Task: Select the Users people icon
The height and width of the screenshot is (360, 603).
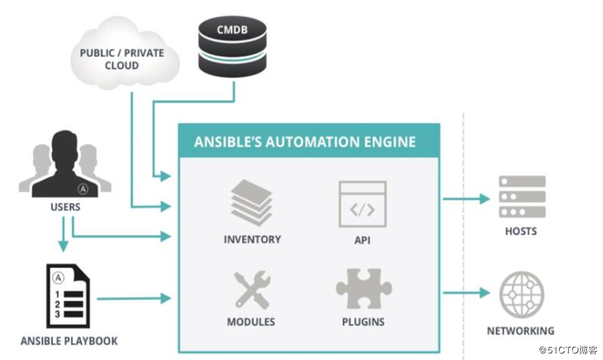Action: [64, 165]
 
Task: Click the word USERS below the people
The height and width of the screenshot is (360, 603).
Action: [64, 208]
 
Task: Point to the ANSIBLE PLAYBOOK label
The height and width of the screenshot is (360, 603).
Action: [69, 341]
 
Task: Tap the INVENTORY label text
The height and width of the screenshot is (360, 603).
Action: [252, 239]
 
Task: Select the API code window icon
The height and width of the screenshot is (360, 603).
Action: [362, 204]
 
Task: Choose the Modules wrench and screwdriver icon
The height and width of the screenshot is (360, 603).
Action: [251, 290]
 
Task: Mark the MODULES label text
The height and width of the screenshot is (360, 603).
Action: [251, 322]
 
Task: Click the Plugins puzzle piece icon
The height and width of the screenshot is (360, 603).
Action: [362, 288]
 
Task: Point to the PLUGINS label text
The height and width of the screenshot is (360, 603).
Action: [363, 322]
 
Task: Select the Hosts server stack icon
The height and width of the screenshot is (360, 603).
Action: [522, 197]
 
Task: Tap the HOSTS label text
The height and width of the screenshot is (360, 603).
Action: [521, 231]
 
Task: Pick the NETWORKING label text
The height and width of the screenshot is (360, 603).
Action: [521, 330]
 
